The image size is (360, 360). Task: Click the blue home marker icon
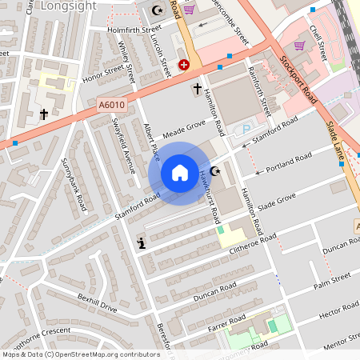pyautogui.click(x=180, y=173)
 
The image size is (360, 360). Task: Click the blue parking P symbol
pyautogui.click(x=246, y=130)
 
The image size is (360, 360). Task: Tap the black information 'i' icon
pyautogui.click(x=142, y=243)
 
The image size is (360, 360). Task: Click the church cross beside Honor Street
pyautogui.click(x=44, y=114)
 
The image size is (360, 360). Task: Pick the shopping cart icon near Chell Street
pyautogui.click(x=301, y=46)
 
